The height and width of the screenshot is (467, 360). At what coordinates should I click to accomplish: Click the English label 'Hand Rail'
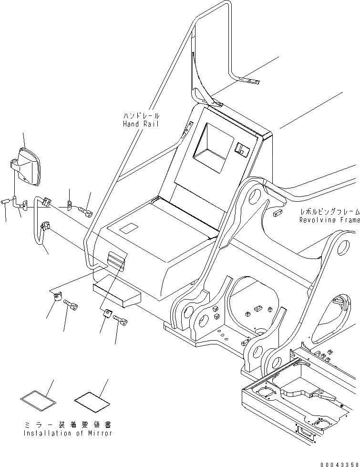click(141, 124)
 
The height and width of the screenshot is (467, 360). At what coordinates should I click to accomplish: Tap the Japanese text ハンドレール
click(141, 116)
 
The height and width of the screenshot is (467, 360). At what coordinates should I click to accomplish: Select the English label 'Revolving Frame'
click(329, 220)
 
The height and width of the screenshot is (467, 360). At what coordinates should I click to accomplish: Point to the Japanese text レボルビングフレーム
click(329, 212)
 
